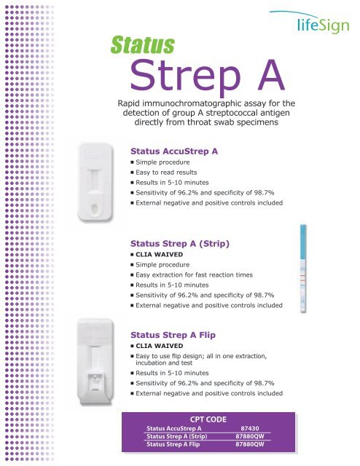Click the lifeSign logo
click(x=310, y=23)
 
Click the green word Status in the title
click(x=143, y=45)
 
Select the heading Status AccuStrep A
click(x=174, y=151)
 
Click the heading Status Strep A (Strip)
click(x=180, y=244)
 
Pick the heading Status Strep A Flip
click(x=173, y=335)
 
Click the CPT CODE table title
click(x=208, y=419)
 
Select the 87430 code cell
click(x=250, y=429)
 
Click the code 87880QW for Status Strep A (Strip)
click(x=250, y=436)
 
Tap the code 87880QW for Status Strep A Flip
click(x=250, y=444)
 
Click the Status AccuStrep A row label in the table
click(x=173, y=429)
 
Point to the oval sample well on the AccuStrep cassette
click(x=94, y=208)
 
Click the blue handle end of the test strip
click(x=303, y=242)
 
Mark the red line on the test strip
click(x=303, y=277)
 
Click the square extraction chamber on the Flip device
click(x=95, y=382)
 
